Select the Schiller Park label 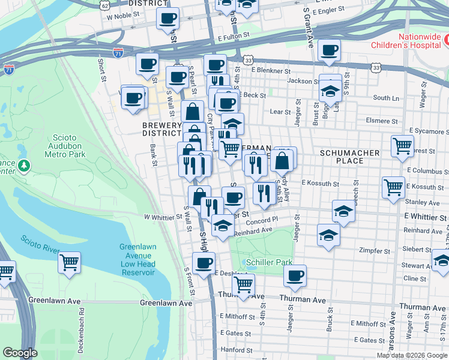click(269, 262)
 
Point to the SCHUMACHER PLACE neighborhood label click(349, 157)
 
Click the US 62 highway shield click(105, 5)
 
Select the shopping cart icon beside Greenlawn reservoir click(70, 262)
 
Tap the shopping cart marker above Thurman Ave click(243, 284)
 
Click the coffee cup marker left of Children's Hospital click(328, 51)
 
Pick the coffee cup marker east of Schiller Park click(295, 275)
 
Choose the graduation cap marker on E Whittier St click(343, 211)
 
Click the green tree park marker click(23, 165)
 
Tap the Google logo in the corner click(20, 353)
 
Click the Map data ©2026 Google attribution click(411, 355)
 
